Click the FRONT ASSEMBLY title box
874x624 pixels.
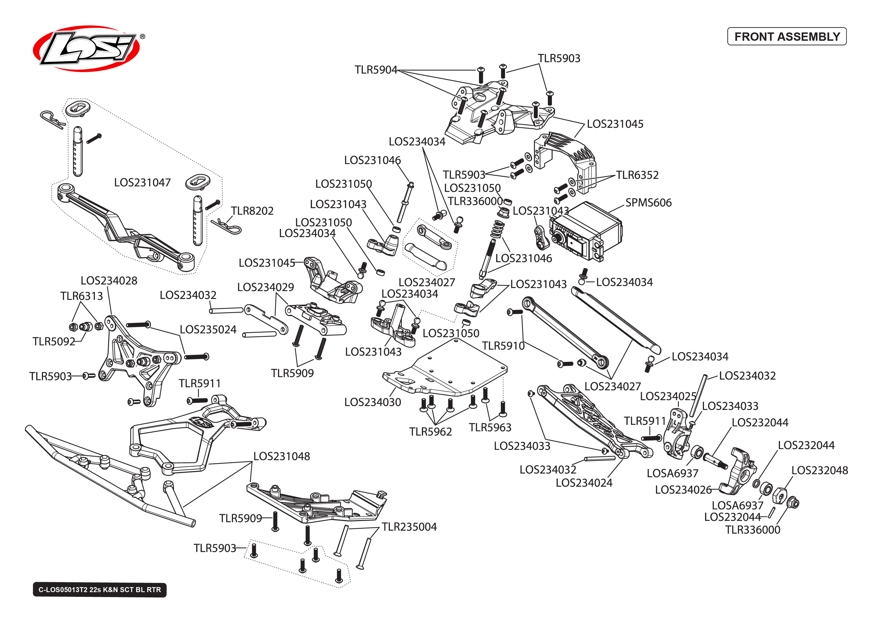[786, 37]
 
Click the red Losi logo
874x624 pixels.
[87, 49]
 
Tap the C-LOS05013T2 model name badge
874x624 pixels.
[100, 589]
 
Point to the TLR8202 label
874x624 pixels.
[252, 211]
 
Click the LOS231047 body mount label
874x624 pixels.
[142, 182]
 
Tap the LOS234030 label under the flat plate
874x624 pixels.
[373, 402]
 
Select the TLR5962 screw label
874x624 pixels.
[430, 432]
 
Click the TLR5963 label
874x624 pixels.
[490, 427]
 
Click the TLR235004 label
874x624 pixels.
[409, 526]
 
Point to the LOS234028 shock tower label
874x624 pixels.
[109, 281]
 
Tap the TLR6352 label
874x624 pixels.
[637, 175]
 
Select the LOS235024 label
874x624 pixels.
[208, 329]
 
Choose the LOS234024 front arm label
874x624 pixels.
[584, 483]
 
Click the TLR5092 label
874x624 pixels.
[54, 341]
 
